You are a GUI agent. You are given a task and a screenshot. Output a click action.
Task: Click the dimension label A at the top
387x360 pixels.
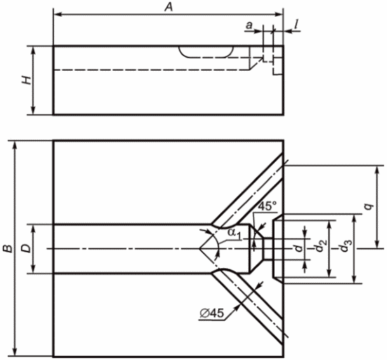tap(169, 7)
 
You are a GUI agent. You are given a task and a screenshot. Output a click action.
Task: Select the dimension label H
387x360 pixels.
tap(27, 80)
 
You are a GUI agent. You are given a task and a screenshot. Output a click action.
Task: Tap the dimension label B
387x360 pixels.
tap(8, 249)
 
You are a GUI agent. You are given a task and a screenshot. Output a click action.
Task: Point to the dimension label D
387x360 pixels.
tap(27, 249)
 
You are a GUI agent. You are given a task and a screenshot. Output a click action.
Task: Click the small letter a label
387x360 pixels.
tap(250, 25)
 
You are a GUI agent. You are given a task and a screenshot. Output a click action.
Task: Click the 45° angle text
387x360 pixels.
tap(267, 206)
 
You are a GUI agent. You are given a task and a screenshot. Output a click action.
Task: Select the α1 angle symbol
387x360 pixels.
tap(234, 233)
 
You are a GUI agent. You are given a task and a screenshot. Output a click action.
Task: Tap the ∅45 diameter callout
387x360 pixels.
tap(212, 313)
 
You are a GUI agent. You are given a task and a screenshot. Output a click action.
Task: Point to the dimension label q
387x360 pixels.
tap(369, 207)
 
